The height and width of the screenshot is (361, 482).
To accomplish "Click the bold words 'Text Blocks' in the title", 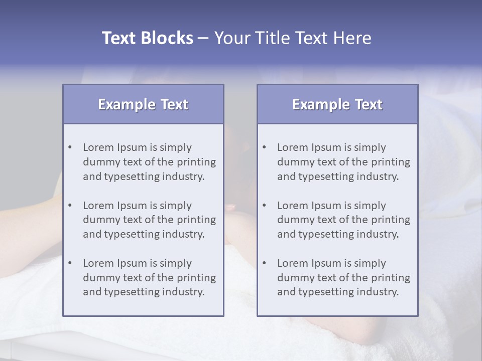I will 147,38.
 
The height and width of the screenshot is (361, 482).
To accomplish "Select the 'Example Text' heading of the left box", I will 143,104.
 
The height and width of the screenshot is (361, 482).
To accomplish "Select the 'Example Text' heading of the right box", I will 337,104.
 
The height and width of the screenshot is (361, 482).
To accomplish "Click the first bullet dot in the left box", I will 70,147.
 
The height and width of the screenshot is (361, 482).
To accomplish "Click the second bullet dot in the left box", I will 70,206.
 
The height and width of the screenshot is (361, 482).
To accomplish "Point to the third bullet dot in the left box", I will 70,263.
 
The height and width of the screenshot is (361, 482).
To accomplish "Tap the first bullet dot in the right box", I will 264,147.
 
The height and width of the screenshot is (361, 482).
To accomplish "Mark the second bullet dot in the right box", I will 264,206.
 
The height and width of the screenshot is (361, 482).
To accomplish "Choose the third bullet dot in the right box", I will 264,263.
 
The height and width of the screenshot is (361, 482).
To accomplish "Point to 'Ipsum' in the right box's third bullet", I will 326,264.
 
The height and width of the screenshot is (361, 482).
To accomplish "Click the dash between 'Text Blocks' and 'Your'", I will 203,39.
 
